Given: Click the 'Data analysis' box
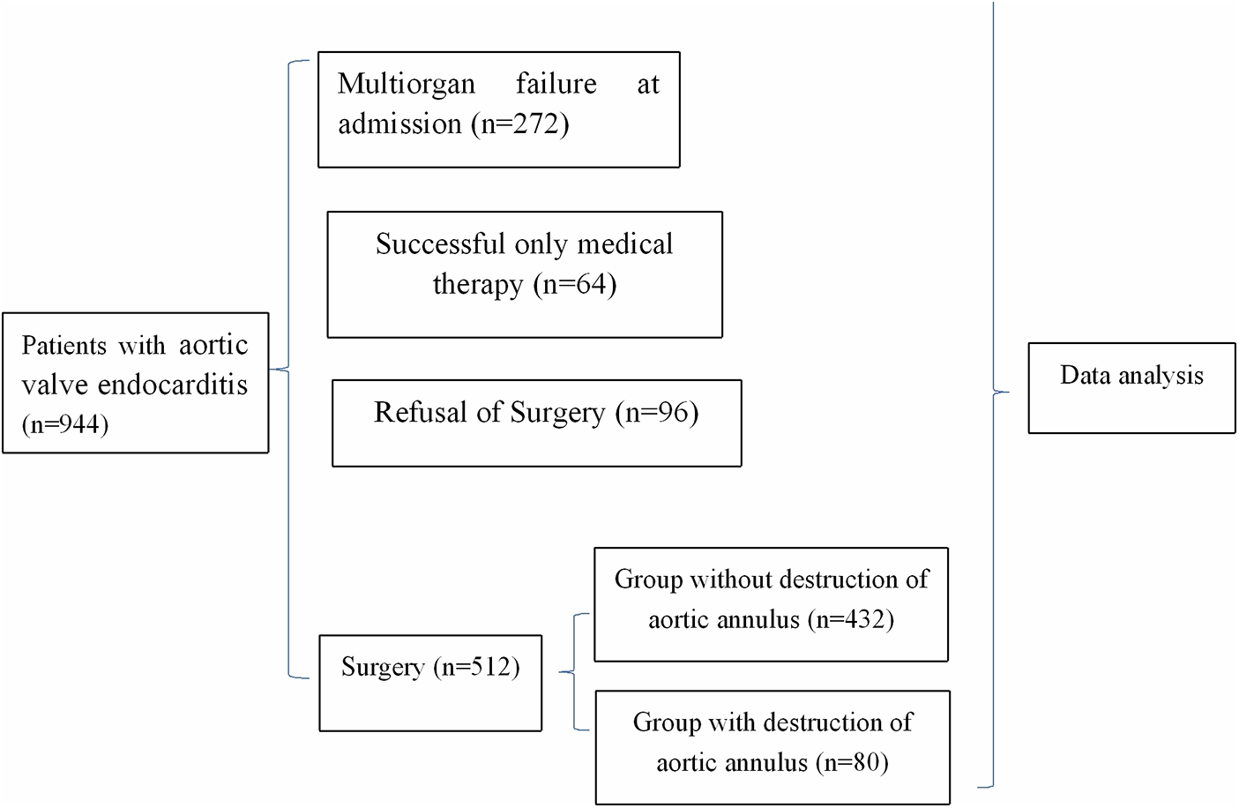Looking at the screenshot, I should click(x=1131, y=388).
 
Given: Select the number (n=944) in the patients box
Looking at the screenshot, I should click(x=65, y=424).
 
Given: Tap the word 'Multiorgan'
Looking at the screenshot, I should click(x=407, y=84).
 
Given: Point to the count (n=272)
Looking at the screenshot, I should click(x=519, y=123).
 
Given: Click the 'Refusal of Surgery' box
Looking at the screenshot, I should click(x=536, y=423).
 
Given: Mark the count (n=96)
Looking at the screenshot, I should click(x=657, y=412).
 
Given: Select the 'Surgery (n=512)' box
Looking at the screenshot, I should click(x=430, y=683).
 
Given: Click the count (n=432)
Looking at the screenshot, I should click(x=849, y=619).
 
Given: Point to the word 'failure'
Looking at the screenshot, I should click(x=556, y=84).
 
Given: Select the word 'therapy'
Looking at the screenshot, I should click(x=477, y=284).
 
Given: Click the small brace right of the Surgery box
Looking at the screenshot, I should click(x=573, y=673).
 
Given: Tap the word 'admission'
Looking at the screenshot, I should click(x=399, y=123).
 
